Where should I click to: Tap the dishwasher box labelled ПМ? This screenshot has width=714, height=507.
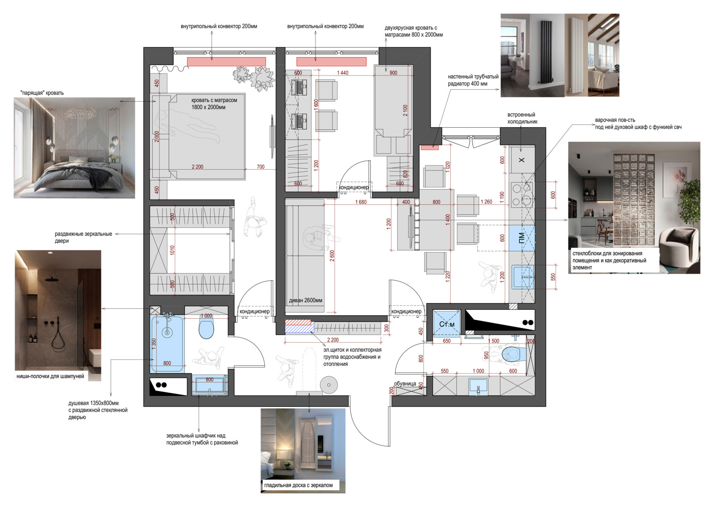point(522,237)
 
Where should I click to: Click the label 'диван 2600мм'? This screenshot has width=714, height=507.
point(305,300)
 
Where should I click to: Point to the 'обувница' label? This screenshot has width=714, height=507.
point(405,384)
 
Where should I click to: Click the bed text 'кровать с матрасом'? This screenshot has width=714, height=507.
point(214,100)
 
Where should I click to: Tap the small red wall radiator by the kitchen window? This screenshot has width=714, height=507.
point(430,147)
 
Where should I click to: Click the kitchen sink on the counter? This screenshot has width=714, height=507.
point(523,277)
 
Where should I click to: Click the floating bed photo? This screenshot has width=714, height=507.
point(74,148)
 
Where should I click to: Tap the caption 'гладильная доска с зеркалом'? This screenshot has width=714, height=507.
point(299,485)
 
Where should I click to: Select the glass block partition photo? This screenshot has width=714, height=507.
point(634,208)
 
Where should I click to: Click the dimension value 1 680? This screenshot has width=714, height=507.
point(361,202)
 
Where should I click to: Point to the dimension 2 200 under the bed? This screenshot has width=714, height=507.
point(197,167)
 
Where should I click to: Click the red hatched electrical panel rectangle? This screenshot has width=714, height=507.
point(298,322)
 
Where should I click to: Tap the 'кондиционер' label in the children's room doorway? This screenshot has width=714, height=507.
point(353,187)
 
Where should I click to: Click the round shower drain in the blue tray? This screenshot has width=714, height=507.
point(167,332)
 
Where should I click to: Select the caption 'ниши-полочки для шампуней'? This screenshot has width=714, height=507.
point(50,376)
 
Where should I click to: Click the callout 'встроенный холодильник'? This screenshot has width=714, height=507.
point(522,118)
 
